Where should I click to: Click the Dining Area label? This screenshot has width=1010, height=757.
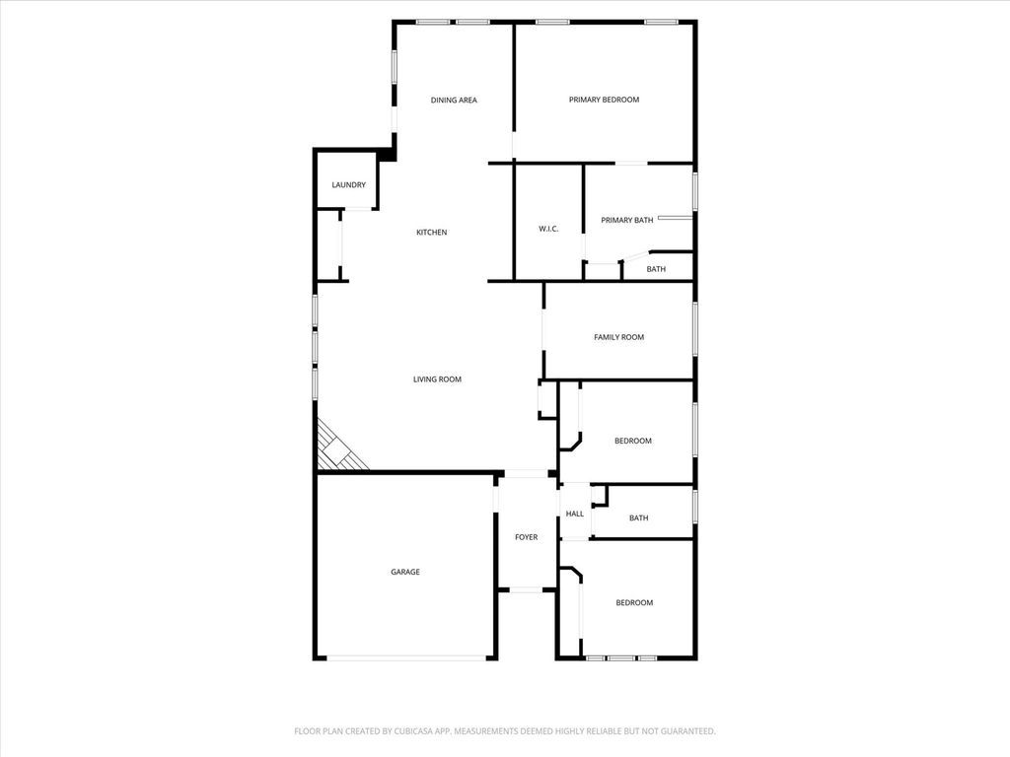coord(454,100)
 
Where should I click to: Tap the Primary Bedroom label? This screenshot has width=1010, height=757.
coord(604,100)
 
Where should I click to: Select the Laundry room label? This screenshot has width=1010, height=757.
coord(348,184)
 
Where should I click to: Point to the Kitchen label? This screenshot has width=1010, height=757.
coord(432,233)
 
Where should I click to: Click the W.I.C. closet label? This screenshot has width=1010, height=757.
coord(548,229)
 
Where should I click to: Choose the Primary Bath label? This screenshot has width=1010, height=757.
coord(626,220)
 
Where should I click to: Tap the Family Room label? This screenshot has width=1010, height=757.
coord(618,337)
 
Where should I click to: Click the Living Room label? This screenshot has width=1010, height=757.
coord(437,379)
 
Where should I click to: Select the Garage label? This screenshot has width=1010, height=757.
coord(405,572)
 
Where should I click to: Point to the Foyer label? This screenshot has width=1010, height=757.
coord(527,537)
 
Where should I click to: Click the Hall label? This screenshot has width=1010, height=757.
coord(575,514)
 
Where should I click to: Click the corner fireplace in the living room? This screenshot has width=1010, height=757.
coord(339,447)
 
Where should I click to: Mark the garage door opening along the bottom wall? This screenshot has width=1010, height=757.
coord(406,657)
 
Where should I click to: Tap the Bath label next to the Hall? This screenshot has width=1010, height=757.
coord(638,517)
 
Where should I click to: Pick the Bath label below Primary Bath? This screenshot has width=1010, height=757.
coord(656,269)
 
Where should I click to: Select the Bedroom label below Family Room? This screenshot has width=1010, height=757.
coord(632,441)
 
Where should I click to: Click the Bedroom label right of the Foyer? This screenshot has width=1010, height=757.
coord(634,602)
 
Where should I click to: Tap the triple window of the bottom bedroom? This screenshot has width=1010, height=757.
coord(621,657)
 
